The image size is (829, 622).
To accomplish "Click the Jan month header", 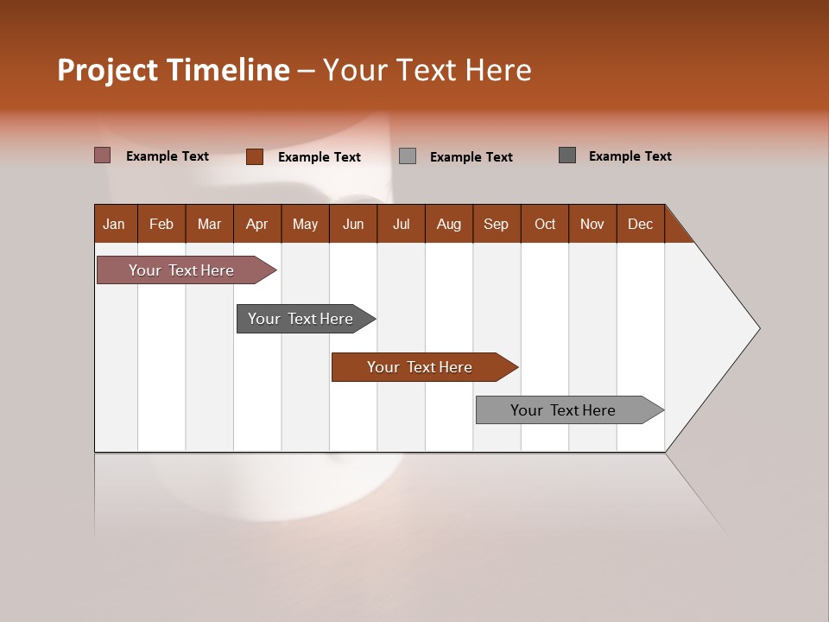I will [115, 224].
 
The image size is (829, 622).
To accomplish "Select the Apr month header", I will [257, 224].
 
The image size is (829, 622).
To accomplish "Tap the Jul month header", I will [401, 224].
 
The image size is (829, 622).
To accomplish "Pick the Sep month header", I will [497, 224].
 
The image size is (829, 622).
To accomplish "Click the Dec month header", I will [640, 224].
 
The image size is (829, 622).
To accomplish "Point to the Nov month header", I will [592, 224].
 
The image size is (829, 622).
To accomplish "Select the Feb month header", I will [161, 224].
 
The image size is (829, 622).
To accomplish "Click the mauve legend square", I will [103, 155].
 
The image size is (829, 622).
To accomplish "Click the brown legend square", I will [255, 156].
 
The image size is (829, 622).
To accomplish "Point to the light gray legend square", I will [408, 156].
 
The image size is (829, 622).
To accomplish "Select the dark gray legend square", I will [567, 155].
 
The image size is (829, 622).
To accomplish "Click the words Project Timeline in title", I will [174, 70].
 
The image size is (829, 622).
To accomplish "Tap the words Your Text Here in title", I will [427, 70].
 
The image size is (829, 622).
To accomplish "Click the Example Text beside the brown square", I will [320, 157].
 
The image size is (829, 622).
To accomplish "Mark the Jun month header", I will [353, 224].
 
